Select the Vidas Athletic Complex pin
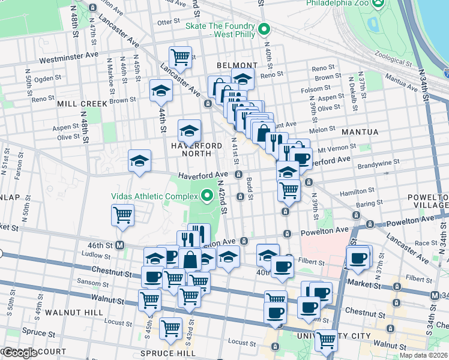point(207,196)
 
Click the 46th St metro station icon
point(120,245)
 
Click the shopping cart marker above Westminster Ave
point(180,58)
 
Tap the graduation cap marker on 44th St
point(161,91)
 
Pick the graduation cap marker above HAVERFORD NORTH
point(189,130)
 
